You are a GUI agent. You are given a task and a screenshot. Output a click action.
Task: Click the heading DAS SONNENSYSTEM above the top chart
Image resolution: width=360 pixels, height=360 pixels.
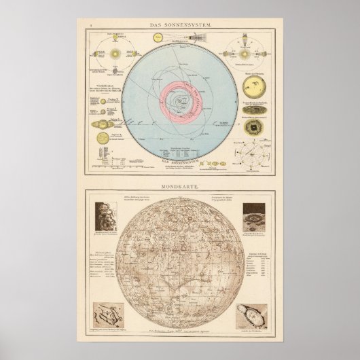[x=180, y=25]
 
